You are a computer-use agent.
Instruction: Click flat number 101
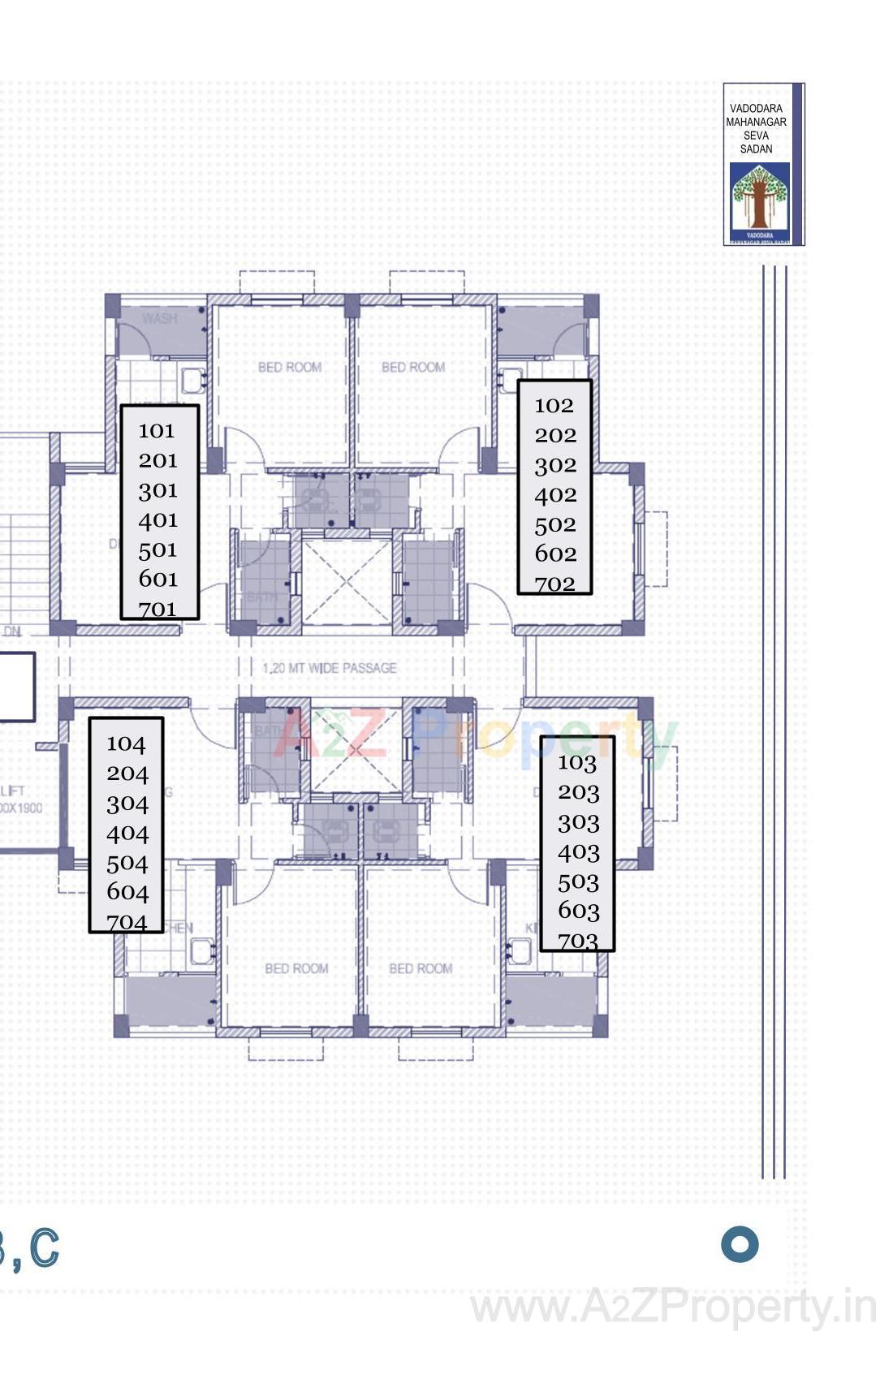point(157,430)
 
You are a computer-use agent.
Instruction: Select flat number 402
point(555,494)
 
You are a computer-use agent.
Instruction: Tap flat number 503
point(578,881)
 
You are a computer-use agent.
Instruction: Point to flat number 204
point(127,774)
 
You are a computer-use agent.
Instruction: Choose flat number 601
point(157,579)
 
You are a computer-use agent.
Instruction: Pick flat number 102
point(554,405)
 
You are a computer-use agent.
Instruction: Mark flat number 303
point(578,822)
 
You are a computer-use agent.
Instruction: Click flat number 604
point(127,892)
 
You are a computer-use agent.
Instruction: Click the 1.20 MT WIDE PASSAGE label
point(330,668)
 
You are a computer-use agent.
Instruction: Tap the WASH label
point(159,318)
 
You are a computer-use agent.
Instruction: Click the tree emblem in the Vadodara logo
point(759,197)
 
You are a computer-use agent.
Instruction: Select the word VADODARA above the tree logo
point(756,109)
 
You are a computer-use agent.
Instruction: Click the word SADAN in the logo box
point(756,149)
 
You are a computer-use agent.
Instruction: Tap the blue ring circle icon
point(740,1244)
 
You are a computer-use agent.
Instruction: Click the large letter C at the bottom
point(45,1248)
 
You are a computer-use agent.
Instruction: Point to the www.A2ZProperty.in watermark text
point(673,1308)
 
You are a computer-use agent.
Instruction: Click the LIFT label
point(13,791)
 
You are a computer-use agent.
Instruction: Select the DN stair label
point(12,631)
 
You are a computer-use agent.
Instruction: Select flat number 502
point(555,524)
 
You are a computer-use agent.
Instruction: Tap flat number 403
point(578,852)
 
